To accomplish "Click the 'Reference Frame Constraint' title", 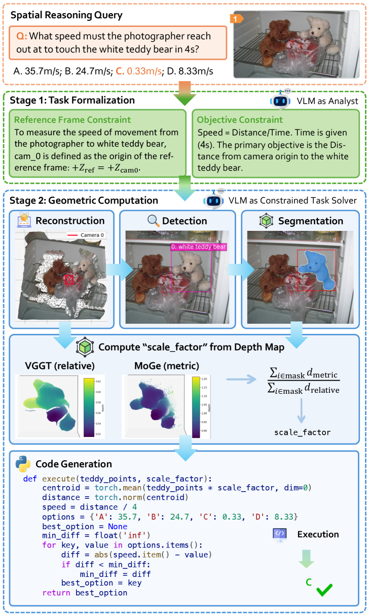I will point(63,120).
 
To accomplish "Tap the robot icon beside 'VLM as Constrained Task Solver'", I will point(213,200).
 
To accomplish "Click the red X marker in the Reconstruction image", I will point(69,280).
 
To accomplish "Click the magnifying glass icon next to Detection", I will point(153,221).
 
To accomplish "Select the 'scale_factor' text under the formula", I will point(303,432).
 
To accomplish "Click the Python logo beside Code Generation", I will point(23,464).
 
